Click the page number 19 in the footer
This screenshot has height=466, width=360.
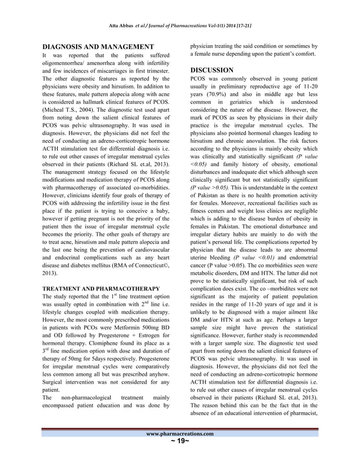click(x=180, y=442)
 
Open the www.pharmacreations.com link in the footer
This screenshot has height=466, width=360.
click(x=180, y=433)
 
